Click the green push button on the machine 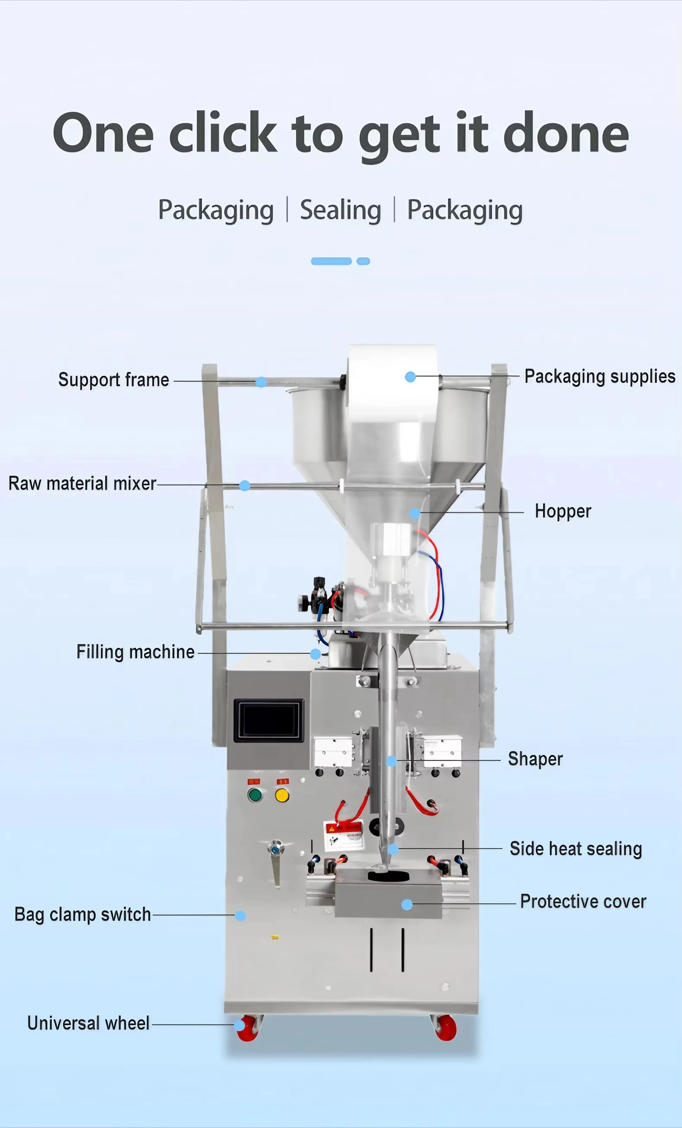[255, 795]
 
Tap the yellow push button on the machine [282, 795]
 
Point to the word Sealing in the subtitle [341, 210]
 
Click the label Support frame [114, 380]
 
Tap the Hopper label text [563, 511]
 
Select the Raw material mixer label [82, 483]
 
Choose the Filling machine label [136, 652]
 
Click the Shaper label [536, 759]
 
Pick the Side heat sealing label [576, 849]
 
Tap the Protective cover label [583, 901]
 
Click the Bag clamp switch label [82, 914]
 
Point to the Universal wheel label [88, 1023]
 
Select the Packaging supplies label [600, 376]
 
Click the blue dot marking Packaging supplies [410, 377]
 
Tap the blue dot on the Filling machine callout [316, 654]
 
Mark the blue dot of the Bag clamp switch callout [240, 916]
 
